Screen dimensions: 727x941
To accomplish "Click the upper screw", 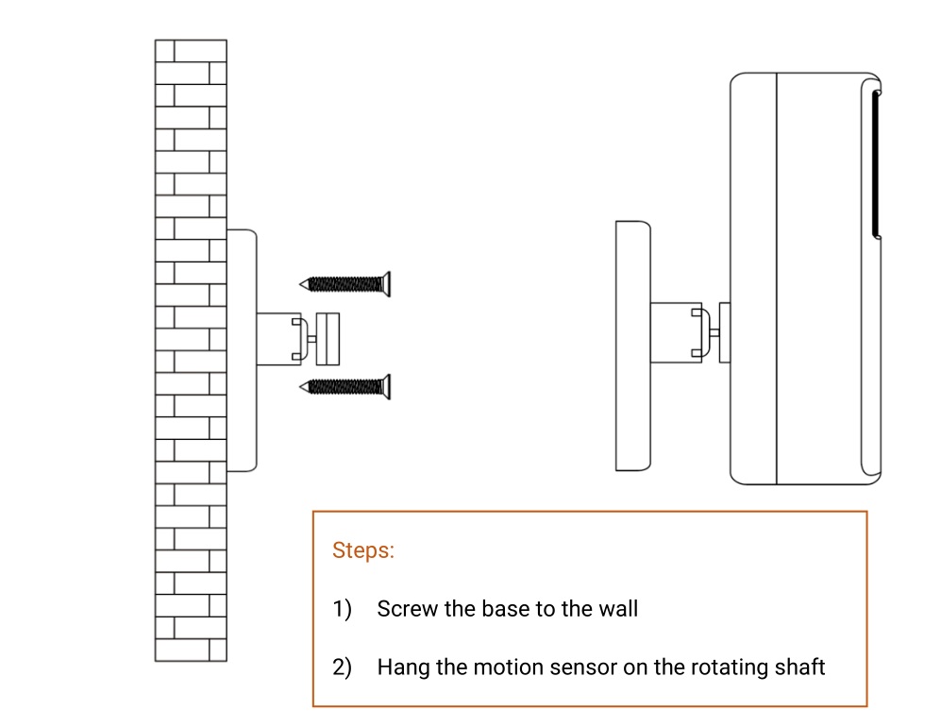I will (x=344, y=283).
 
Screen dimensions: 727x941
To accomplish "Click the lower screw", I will (x=344, y=385).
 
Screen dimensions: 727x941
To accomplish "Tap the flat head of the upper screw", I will (x=386, y=283).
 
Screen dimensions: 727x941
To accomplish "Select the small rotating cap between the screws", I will (x=328, y=338).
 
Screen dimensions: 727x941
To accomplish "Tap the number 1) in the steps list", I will (x=342, y=609).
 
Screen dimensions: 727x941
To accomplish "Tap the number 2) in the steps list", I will (x=342, y=668).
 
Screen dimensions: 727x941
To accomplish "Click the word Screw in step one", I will (x=408, y=609).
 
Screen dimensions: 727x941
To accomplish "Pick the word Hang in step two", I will (x=402, y=668).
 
